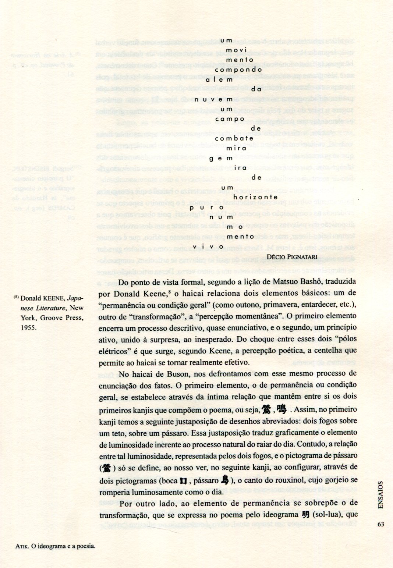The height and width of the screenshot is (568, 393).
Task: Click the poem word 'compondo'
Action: tap(238, 70)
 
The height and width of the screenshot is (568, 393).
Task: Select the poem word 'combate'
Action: tap(234, 139)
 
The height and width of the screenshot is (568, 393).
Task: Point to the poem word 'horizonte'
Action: tap(270, 198)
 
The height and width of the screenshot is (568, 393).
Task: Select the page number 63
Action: tap(380, 525)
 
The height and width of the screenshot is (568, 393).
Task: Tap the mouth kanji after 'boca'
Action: tap(183, 481)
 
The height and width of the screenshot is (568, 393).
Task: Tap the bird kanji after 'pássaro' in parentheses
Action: tap(225, 481)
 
